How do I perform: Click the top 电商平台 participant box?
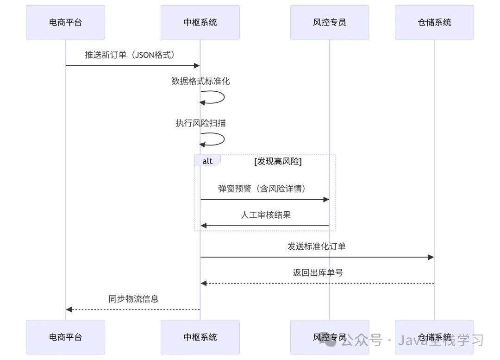[x=65, y=22]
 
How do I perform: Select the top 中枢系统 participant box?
[x=200, y=22]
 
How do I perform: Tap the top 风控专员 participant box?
[x=329, y=22]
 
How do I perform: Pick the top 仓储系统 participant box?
[x=434, y=22]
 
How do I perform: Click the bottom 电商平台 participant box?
[x=65, y=337]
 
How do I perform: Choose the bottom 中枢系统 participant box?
[x=200, y=337]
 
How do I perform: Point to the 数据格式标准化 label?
[x=200, y=81]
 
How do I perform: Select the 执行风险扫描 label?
[x=200, y=123]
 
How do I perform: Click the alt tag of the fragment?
[x=207, y=161]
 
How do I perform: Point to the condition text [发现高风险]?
[x=278, y=161]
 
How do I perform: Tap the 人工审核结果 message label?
[x=265, y=215]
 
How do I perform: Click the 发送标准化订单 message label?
[x=317, y=246]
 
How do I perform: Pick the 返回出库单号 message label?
[x=318, y=272]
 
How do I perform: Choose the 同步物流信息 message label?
[x=133, y=298]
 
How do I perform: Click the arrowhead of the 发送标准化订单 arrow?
[x=431, y=257]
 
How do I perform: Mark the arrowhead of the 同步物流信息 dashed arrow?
[x=69, y=309]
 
